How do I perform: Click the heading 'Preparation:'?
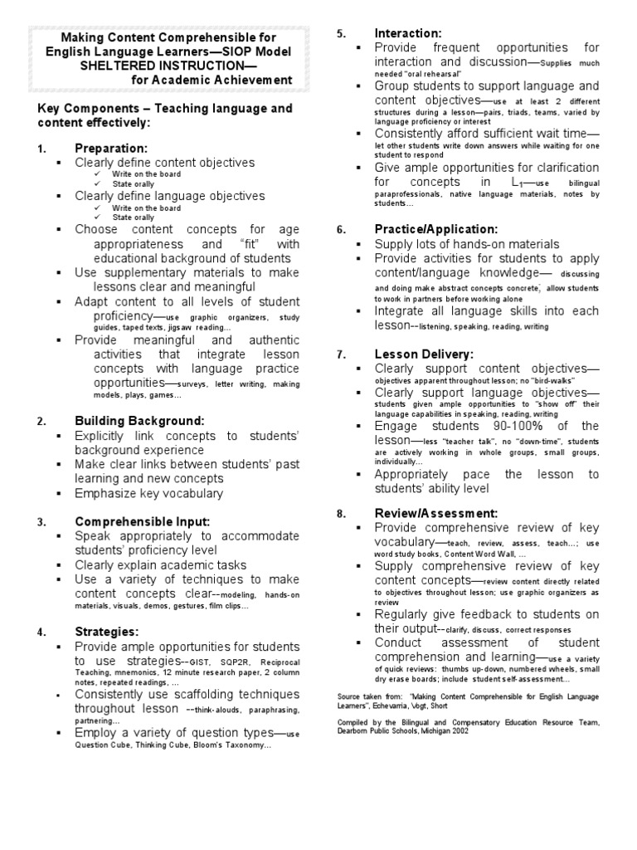click(110, 148)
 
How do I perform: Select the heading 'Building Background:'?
click(139, 422)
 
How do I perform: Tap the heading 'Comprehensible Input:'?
click(143, 521)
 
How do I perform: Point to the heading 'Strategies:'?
click(105, 632)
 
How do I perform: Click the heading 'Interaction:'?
click(408, 33)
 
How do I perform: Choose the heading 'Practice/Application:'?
click(436, 228)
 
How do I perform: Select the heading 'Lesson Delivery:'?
click(424, 354)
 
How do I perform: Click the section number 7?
click(340, 354)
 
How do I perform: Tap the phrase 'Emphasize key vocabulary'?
click(149, 493)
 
